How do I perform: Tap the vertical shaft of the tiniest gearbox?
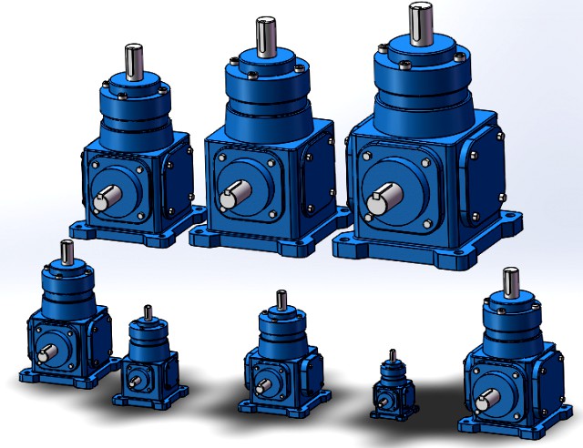click(x=392, y=355)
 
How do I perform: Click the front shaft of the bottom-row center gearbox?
click(x=261, y=382)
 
